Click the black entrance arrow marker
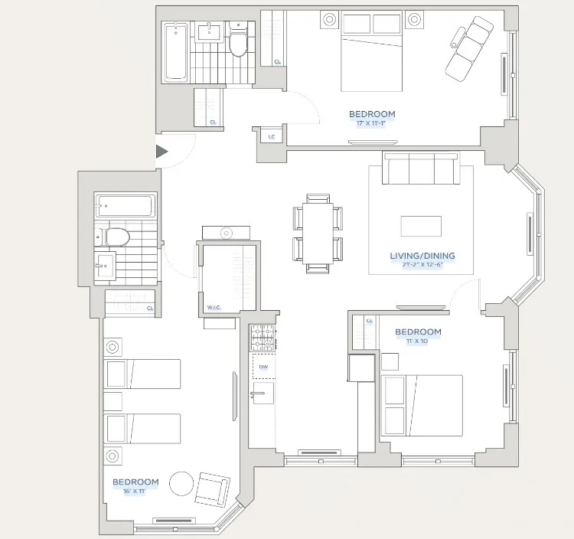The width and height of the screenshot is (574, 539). coord(161,152)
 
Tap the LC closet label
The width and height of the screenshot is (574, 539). coord(272,137)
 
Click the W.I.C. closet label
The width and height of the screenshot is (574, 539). coord(214,307)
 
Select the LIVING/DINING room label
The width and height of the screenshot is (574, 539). coord(422,256)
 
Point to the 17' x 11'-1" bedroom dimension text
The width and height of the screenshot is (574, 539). coord(373,123)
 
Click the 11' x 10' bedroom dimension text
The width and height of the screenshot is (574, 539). coord(418,341)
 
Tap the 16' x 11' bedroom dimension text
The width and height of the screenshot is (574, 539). coord(135,492)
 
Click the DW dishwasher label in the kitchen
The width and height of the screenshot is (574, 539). coord(263,367)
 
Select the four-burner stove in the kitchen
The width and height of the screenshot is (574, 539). coord(263,336)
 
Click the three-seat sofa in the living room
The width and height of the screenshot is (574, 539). coord(421,168)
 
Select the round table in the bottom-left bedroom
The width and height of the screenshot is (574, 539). coord(181,484)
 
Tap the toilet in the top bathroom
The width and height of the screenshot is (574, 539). coord(238,43)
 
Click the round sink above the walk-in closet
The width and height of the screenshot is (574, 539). coord(225,232)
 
